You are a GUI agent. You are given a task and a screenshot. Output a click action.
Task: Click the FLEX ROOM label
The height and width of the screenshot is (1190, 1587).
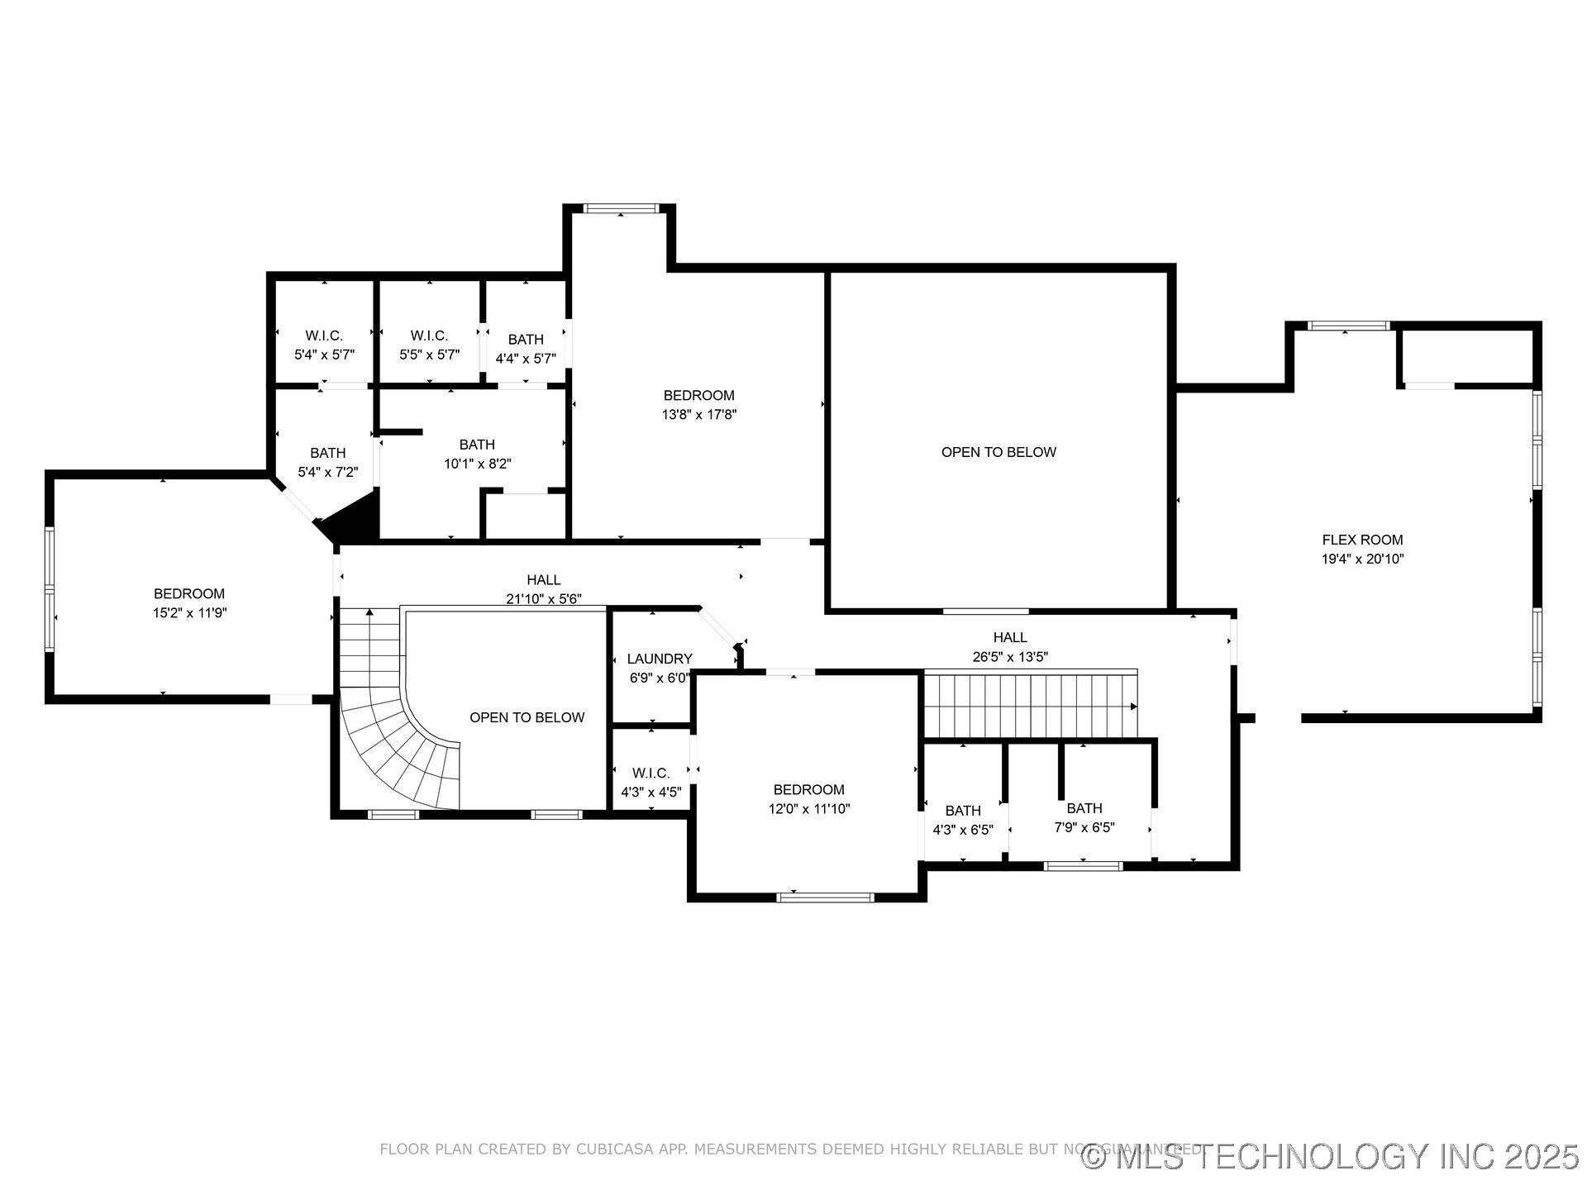pyautogui.click(x=1362, y=540)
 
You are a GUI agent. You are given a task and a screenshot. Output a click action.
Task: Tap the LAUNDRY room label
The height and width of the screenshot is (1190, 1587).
pyautogui.click(x=659, y=659)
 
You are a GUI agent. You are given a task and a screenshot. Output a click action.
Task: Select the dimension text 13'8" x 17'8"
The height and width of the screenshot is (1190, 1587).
pyautogui.click(x=698, y=415)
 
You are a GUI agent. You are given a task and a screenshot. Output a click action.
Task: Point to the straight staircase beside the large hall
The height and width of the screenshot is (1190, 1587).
pyautogui.click(x=1029, y=705)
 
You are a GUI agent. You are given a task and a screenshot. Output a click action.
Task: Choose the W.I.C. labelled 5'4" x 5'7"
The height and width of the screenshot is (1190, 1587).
pyautogui.click(x=324, y=336)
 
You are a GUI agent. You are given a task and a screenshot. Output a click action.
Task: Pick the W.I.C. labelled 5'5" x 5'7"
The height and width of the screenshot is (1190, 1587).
pyautogui.click(x=429, y=336)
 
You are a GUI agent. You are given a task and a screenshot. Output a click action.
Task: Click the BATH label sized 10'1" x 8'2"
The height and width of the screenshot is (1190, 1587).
pyautogui.click(x=477, y=445)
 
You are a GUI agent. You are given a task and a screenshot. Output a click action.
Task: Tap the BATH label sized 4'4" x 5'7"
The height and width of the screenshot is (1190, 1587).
pyautogui.click(x=526, y=340)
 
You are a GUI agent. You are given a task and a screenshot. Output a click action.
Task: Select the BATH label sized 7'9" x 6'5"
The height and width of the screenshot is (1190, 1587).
pyautogui.click(x=1084, y=808)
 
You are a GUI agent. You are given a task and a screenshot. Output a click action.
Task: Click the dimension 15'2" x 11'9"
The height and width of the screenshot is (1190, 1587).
pyautogui.click(x=189, y=613)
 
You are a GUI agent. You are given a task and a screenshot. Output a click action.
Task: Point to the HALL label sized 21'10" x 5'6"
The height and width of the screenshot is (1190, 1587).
pyautogui.click(x=543, y=580)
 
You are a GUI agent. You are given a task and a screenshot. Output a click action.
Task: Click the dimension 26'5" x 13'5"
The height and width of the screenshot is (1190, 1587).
pyautogui.click(x=1010, y=658)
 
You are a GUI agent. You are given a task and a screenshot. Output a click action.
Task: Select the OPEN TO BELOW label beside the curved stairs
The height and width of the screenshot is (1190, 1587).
pyautogui.click(x=527, y=717)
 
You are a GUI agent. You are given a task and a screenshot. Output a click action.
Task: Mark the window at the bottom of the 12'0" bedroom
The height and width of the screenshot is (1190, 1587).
pyautogui.click(x=825, y=897)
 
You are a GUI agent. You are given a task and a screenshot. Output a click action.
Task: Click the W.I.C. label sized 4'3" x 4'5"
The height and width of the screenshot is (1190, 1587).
pyautogui.click(x=651, y=773)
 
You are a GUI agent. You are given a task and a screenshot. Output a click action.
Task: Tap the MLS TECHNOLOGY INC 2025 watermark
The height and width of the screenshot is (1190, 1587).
pyautogui.click(x=1331, y=1156)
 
